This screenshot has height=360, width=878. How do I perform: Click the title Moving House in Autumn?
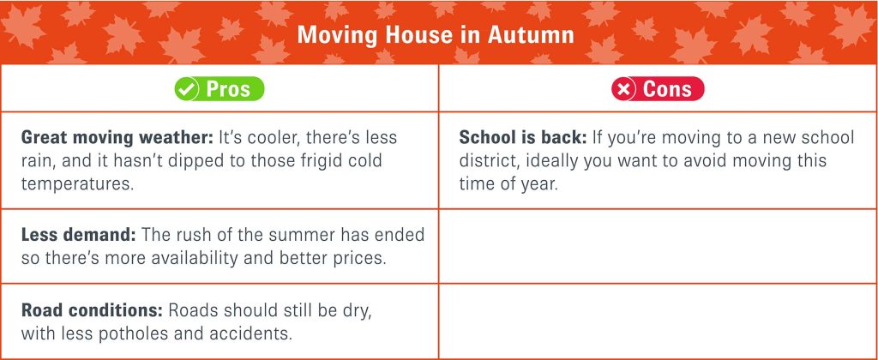click(x=436, y=34)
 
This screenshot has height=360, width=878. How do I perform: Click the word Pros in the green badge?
click(x=228, y=89)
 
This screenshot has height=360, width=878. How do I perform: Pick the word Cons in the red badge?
click(x=667, y=89)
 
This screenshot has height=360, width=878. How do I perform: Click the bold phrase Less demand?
click(x=78, y=235)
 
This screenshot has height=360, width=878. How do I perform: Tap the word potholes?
click(x=122, y=335)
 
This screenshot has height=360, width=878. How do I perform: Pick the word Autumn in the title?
click(x=532, y=34)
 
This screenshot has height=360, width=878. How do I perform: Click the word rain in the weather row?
click(x=39, y=161)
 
